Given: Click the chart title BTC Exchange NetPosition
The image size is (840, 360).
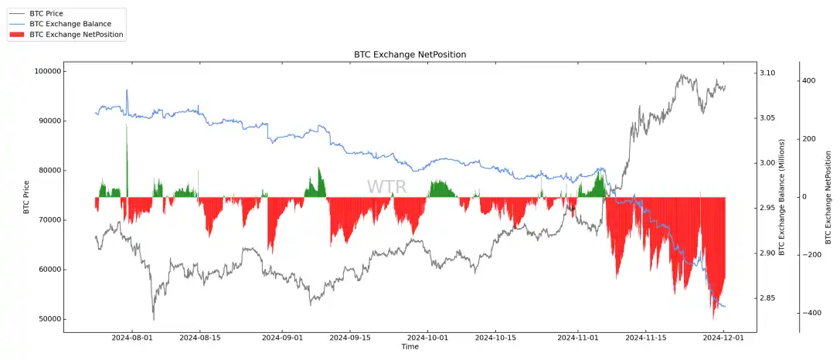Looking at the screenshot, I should click(410, 55).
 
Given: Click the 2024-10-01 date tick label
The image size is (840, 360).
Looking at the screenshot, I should click(427, 338).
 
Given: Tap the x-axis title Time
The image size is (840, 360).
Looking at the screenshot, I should click(410, 347).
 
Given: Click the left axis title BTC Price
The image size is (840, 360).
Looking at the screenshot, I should click(26, 197).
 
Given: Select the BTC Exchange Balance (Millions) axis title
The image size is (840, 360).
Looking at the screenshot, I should click(782, 197).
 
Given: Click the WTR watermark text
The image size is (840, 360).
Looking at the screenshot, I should click(386, 187).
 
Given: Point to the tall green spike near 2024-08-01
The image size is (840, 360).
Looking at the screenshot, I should click(127, 155).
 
